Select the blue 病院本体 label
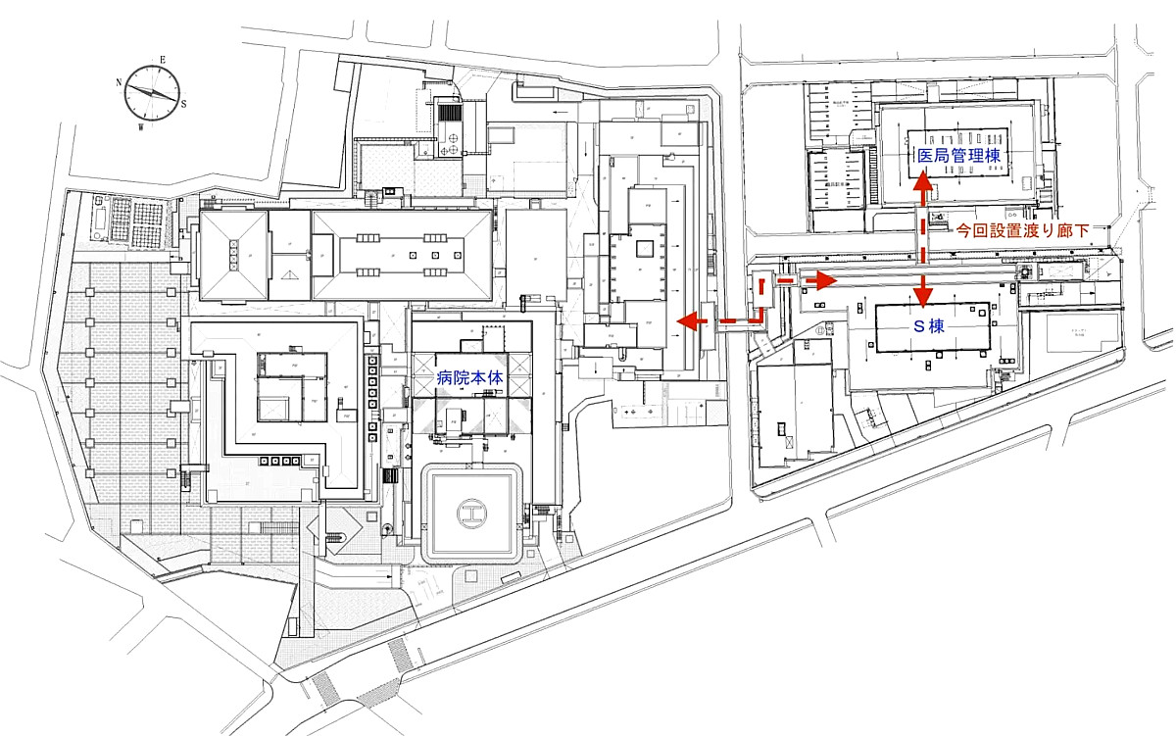coord(469,375)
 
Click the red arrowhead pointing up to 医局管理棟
coord(922,183)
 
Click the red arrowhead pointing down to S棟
coord(922,298)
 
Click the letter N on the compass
coord(120,82)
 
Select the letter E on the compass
coord(163,61)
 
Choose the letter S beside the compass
coord(183,104)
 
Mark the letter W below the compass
coord(142,126)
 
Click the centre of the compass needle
coord(153,92)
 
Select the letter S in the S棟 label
coord(919,325)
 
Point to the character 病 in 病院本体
coord(444,375)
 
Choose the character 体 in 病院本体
coord(494,375)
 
